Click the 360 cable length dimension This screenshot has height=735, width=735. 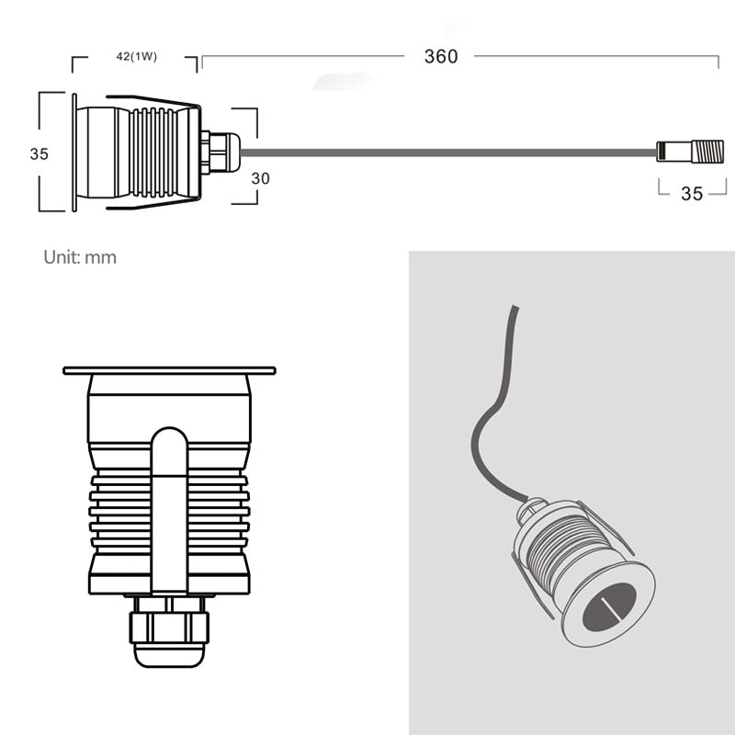pos(440,56)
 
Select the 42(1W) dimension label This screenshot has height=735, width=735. pos(136,57)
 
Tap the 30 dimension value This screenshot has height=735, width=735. pos(260,179)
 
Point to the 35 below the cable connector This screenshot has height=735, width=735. pos(692,194)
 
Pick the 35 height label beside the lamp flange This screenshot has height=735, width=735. pos(39,154)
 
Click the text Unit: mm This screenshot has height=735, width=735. pos(80,257)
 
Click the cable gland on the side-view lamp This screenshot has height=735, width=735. pos(220,153)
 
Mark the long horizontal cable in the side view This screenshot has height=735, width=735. pos(441,153)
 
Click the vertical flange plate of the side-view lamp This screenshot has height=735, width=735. pos(73,152)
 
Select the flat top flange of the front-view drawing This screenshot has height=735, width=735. pos(169,371)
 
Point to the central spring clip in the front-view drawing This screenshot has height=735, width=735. pos(169,505)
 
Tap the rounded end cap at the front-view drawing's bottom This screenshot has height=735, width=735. pos(169,656)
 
